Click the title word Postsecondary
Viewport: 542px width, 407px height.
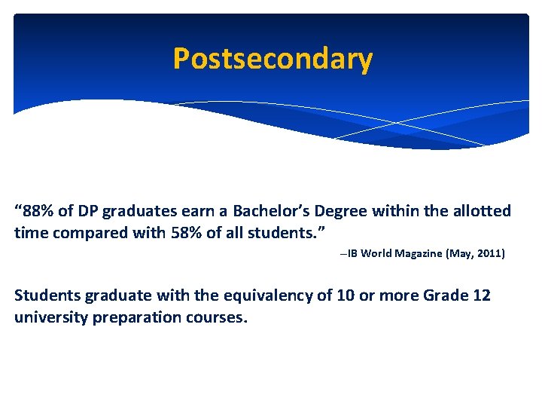pyautogui.click(x=272, y=59)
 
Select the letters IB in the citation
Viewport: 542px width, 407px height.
pyautogui.click(x=353, y=254)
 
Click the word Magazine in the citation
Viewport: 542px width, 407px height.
pyautogui.click(x=419, y=254)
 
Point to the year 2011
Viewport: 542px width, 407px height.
pyautogui.click(x=489, y=254)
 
